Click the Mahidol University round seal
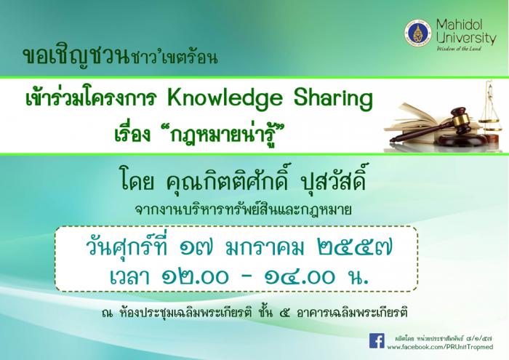418,33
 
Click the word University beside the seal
466,38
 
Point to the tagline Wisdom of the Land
459,49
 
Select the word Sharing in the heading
333,99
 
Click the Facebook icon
377,340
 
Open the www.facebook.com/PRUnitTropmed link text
440,348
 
